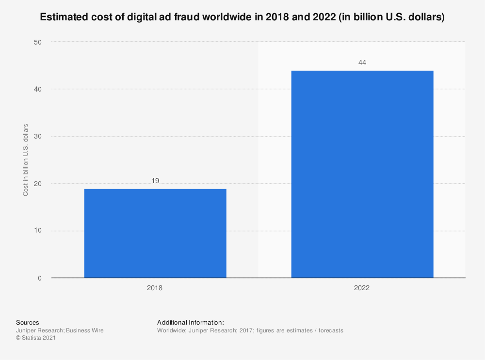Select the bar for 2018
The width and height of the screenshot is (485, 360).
click(x=155, y=234)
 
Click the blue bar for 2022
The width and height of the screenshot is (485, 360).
click(x=362, y=174)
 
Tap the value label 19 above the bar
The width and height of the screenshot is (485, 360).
click(x=155, y=181)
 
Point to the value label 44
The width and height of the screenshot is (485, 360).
click(x=362, y=63)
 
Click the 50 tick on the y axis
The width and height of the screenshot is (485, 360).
click(x=38, y=42)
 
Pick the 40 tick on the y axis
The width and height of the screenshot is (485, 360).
click(x=38, y=89)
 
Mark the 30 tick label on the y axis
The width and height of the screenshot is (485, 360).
click(x=38, y=136)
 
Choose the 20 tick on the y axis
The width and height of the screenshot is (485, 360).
click(x=38, y=184)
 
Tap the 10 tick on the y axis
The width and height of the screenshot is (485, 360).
click(x=38, y=231)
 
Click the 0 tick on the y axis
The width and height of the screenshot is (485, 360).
click(x=40, y=278)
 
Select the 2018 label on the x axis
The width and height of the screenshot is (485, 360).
click(x=155, y=288)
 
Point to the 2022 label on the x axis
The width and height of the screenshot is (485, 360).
click(x=362, y=288)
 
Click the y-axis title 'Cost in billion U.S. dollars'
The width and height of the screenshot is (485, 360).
click(x=26, y=160)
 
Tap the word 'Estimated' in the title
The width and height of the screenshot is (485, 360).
click(x=64, y=17)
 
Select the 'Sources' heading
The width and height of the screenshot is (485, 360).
click(x=28, y=323)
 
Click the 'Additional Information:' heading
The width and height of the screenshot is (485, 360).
click(x=191, y=323)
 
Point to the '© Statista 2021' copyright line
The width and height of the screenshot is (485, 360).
click(x=36, y=338)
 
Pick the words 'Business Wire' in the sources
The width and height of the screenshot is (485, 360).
click(x=85, y=330)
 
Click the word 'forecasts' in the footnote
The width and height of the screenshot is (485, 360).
click(x=331, y=330)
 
